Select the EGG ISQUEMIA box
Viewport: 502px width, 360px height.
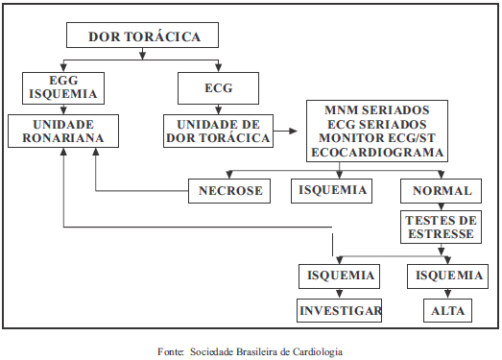[x=62, y=88]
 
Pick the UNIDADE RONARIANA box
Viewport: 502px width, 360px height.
[x=62, y=132]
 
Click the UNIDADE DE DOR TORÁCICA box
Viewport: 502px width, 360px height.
[x=219, y=132]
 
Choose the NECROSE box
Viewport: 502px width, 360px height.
[x=230, y=190]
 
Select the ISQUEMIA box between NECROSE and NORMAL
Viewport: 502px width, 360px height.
[x=331, y=190]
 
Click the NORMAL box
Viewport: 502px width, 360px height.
[x=442, y=190]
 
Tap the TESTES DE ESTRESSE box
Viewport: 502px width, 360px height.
[x=442, y=227]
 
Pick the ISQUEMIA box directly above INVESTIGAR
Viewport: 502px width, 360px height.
[x=340, y=276]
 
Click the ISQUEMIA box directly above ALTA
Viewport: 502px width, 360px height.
[x=445, y=276]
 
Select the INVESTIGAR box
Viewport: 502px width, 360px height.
[x=340, y=310]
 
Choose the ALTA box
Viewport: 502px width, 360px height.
[x=445, y=310]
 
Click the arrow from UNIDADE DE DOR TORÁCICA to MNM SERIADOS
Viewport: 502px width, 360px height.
[x=290, y=128]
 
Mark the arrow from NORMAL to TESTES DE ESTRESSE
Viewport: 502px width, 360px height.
[x=442, y=205]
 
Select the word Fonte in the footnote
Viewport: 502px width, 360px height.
[x=171, y=350]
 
